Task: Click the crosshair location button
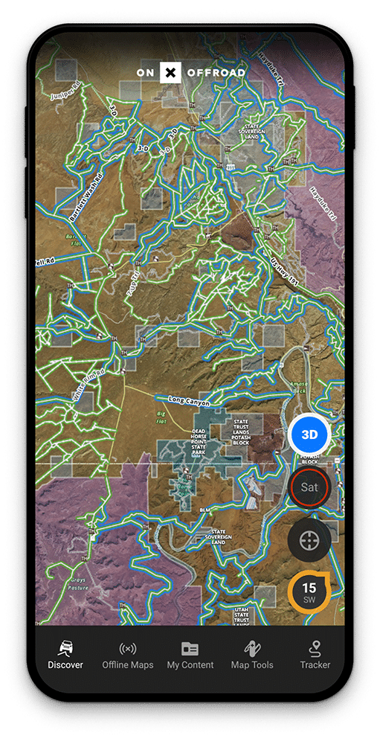pyautogui.click(x=309, y=540)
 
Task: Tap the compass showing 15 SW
pyautogui.click(x=309, y=592)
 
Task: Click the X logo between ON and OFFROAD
pyautogui.click(x=171, y=73)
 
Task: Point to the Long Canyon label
pyautogui.click(x=189, y=402)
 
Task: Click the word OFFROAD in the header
pyautogui.click(x=216, y=73)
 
